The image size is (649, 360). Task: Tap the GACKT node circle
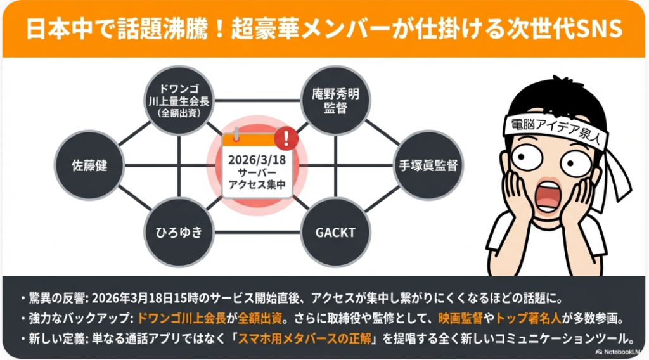(335, 232)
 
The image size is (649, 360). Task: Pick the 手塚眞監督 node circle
(428, 167)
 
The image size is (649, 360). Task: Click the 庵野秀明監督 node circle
(335, 100)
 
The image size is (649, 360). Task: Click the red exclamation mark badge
(286, 138)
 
